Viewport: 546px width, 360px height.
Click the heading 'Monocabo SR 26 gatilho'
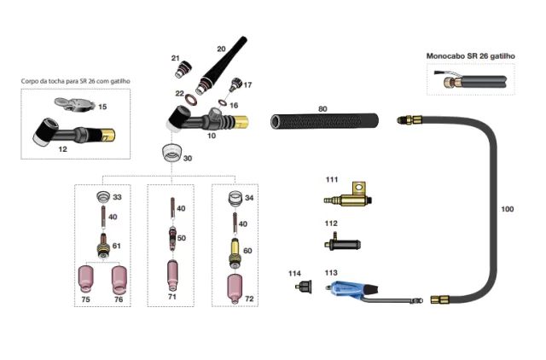coord(472,56)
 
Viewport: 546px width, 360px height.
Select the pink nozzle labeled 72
coord(235,284)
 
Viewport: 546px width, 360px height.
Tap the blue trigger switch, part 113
coord(342,290)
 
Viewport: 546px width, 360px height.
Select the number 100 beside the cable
coord(508,209)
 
